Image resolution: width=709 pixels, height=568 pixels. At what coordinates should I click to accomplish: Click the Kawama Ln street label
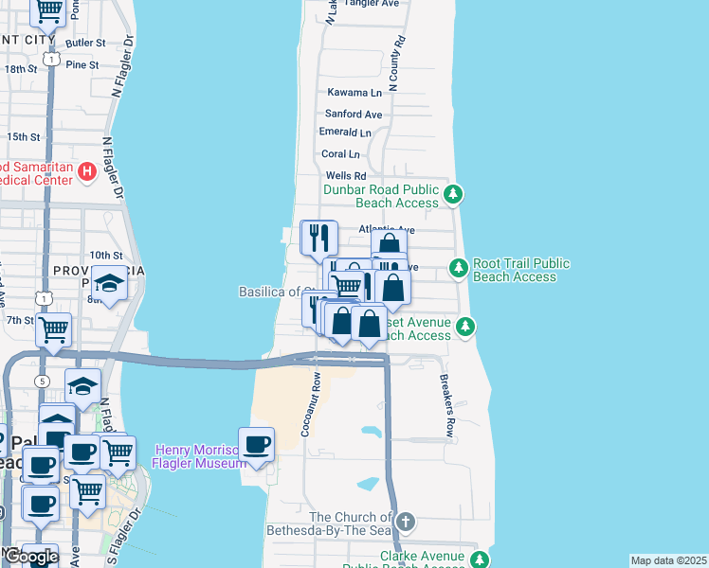(354, 93)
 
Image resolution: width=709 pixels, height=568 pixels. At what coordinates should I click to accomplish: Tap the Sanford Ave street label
(354, 115)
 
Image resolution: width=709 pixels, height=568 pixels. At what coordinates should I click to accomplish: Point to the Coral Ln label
(340, 154)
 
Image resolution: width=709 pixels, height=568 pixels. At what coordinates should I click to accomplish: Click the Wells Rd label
(345, 176)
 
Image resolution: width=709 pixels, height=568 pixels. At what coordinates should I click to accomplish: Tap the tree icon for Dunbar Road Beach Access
(455, 195)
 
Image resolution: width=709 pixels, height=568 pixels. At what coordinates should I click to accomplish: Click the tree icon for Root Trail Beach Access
(459, 269)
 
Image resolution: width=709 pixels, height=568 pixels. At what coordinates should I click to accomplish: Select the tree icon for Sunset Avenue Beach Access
(464, 328)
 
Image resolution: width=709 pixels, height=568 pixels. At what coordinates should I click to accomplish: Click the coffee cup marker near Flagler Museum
(256, 445)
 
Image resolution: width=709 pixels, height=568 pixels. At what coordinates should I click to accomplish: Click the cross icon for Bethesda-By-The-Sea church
(406, 522)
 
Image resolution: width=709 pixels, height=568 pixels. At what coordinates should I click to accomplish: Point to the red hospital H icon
(87, 172)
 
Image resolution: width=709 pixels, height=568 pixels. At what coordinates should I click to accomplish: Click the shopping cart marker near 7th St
(54, 328)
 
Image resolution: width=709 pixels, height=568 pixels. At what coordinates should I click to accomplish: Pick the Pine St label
(82, 64)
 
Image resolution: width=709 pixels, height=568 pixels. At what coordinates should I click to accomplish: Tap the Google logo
(30, 557)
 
